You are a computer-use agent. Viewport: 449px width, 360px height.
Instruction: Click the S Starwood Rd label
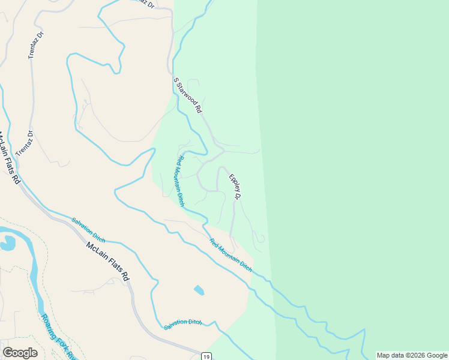[x=188, y=95]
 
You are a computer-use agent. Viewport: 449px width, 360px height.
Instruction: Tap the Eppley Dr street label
[x=235, y=187]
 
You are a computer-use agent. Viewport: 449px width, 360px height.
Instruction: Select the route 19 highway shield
[x=206, y=355]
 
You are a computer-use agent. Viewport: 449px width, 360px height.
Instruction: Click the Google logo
[x=20, y=353]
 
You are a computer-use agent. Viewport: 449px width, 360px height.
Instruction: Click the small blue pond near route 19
[x=199, y=290]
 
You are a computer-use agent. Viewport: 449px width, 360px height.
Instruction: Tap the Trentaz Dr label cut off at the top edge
[x=142, y=3]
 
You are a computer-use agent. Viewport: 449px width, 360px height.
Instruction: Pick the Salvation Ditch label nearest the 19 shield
[x=182, y=324]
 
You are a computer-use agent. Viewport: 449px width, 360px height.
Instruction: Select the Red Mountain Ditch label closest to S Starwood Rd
[x=180, y=181]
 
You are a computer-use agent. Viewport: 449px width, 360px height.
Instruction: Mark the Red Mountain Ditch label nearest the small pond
[x=231, y=255]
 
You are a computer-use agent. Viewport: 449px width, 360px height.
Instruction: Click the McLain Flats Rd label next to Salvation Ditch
[x=107, y=262]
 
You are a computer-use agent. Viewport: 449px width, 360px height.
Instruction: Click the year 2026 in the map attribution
[x=410, y=355]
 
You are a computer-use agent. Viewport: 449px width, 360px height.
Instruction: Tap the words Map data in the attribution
[x=389, y=355]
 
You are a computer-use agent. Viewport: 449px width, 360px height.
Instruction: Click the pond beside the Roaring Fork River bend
[x=8, y=242]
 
